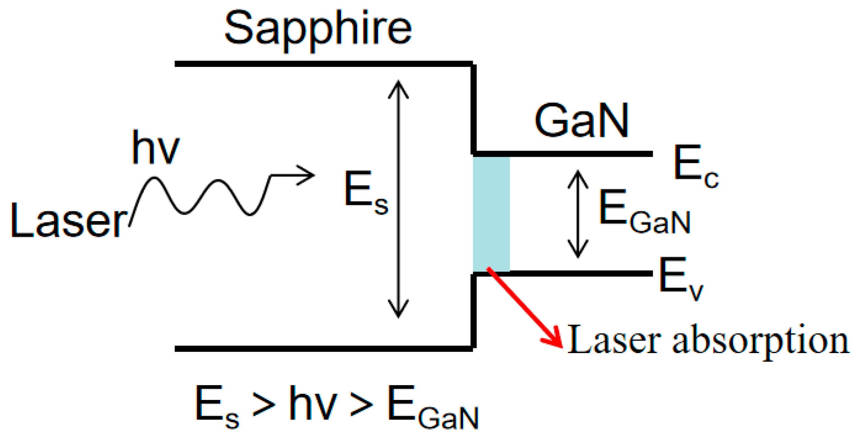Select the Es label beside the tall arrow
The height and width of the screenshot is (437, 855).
365,193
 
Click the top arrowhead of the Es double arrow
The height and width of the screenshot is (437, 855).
398,88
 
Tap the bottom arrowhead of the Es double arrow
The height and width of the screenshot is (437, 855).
398,309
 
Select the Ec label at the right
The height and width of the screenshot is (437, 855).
695,166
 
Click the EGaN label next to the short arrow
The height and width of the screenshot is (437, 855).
644,212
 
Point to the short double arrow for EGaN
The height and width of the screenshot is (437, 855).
578,214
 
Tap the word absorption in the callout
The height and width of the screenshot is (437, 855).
760,342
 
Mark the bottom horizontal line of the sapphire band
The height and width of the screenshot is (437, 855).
323,349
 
